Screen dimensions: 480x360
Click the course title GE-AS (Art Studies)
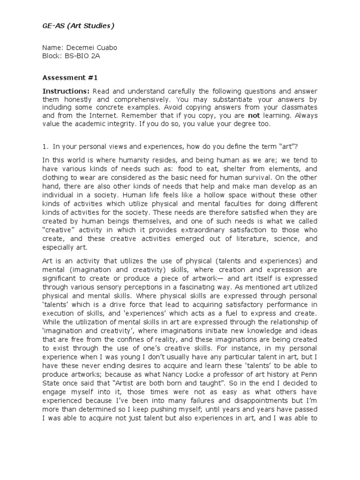tap(78, 26)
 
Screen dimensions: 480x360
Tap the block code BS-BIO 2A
tap(82, 56)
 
